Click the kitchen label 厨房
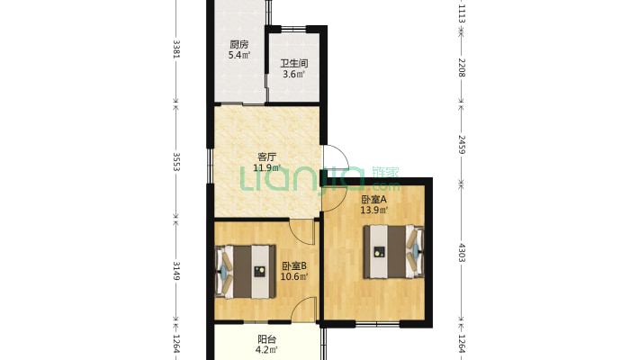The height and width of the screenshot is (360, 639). [x=238, y=44]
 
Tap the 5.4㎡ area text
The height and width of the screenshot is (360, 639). [x=239, y=55]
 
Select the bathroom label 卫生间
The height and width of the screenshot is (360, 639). [x=293, y=64]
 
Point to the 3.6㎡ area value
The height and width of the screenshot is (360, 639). [x=293, y=74]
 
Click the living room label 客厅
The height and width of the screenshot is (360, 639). [x=267, y=157]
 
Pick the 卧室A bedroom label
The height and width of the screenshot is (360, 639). [x=373, y=200]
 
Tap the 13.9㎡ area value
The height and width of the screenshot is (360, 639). [x=373, y=211]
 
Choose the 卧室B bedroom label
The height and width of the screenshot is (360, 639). [x=294, y=266]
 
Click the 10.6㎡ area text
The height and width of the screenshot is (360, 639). [x=294, y=277]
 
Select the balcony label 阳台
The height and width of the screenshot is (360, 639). [x=267, y=339]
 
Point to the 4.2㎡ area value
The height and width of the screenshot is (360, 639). [x=267, y=350]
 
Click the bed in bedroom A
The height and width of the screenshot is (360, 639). [x=393, y=252]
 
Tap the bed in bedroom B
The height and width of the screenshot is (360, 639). [x=245, y=271]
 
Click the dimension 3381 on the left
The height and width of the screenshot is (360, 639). [x=176, y=49]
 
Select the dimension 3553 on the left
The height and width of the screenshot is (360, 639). [x=176, y=162]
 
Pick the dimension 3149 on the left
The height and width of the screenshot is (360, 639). [x=176, y=271]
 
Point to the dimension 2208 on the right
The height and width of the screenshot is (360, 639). [x=462, y=67]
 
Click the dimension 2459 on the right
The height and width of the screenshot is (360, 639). [x=462, y=145]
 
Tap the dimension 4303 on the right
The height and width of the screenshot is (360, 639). [x=462, y=253]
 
